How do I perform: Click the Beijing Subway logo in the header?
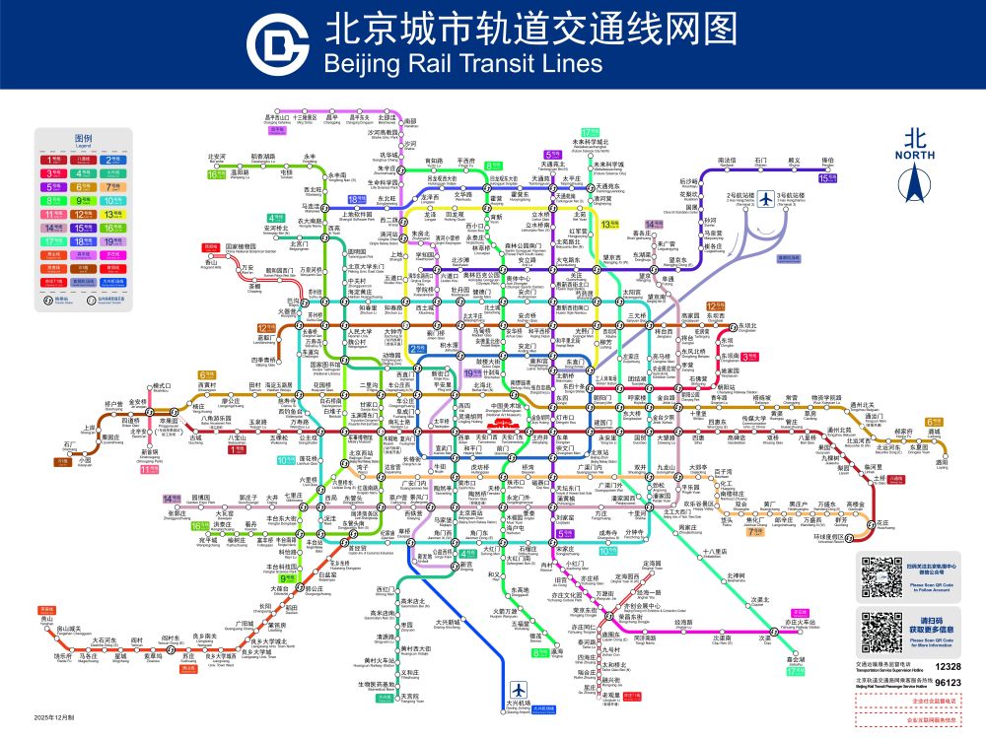coord(279,44)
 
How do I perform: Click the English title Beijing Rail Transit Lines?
coord(461,64)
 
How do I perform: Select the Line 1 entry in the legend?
coord(52,158)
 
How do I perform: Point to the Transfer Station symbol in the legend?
coord(52,297)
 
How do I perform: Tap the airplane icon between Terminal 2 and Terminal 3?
coord(765,198)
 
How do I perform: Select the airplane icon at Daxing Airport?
coord(519,689)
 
